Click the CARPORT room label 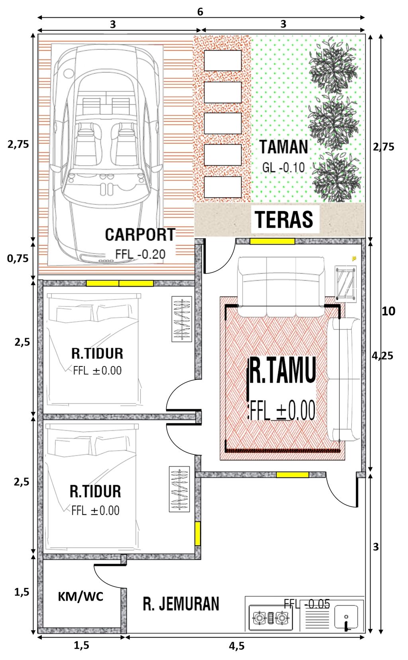(x=140, y=235)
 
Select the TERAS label (x=284, y=219)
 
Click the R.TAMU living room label (x=283, y=370)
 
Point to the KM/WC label (x=80, y=596)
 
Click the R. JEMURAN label (x=181, y=603)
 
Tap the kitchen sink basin (x=346, y=617)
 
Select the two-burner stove (x=271, y=618)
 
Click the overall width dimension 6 (x=200, y=12)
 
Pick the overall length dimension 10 (x=388, y=311)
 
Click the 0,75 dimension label (x=18, y=259)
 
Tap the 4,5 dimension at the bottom (x=237, y=646)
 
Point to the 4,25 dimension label (x=382, y=356)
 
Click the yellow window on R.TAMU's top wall (x=272, y=241)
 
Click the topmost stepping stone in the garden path (x=223, y=61)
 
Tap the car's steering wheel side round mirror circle (x=69, y=73)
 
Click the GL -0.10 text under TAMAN (x=283, y=167)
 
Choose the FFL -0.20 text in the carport (x=140, y=254)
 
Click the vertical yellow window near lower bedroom (x=197, y=533)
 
